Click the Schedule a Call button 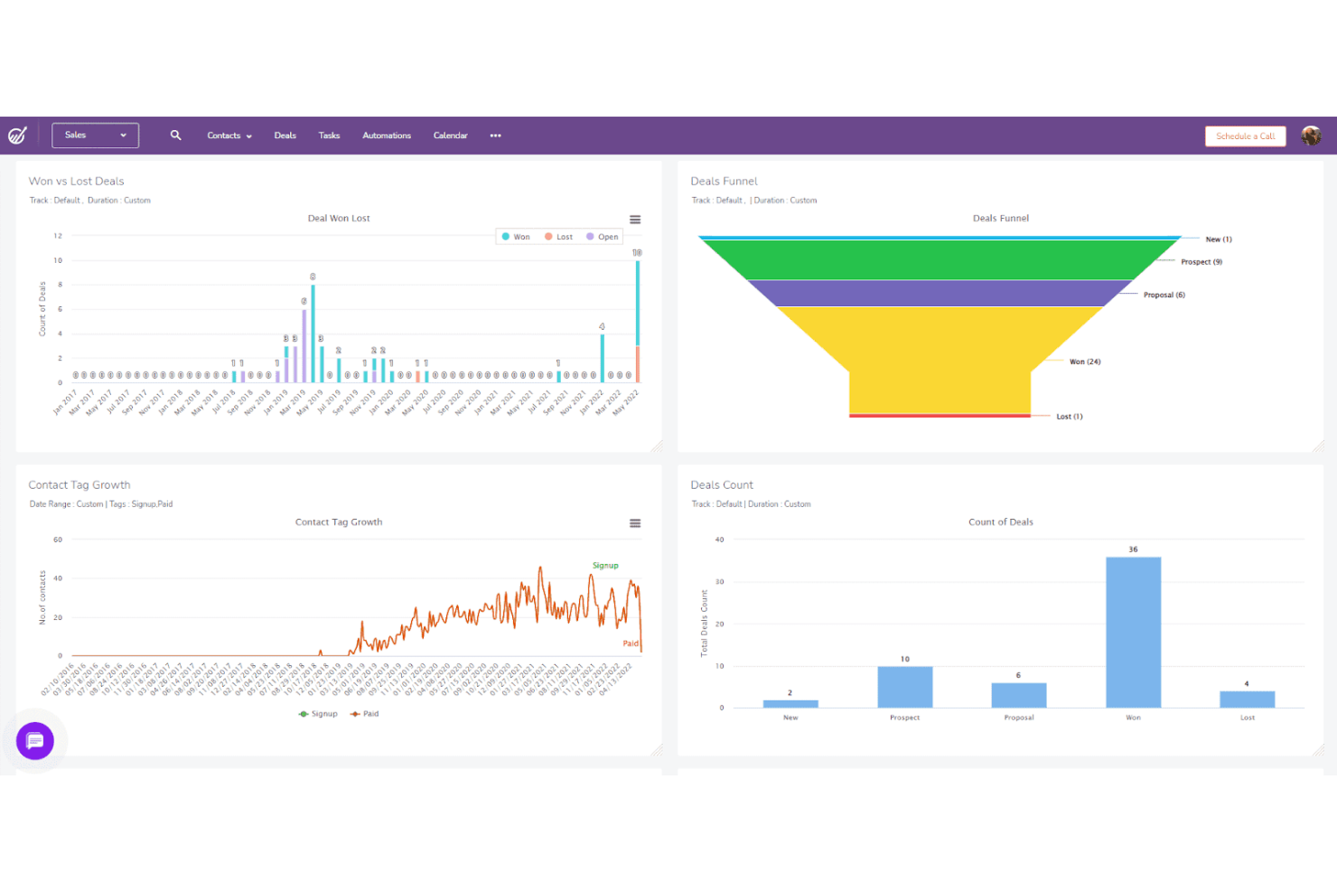click(x=1245, y=136)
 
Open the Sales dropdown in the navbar click(x=95, y=136)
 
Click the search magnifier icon click(x=176, y=136)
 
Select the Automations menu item click(x=387, y=136)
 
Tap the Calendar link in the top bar click(x=450, y=136)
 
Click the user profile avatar click(x=1311, y=136)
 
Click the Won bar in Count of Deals click(x=1133, y=633)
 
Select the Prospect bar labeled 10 click(x=904, y=687)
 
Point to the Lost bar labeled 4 click(x=1247, y=699)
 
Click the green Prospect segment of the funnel click(x=940, y=259)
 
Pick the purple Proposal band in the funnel click(x=940, y=293)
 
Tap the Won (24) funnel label click(x=1085, y=361)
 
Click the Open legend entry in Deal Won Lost click(x=603, y=237)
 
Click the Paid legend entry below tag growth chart click(x=365, y=714)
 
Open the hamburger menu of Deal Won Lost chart click(x=635, y=220)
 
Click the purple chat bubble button click(x=35, y=741)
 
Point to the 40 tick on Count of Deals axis click(x=719, y=540)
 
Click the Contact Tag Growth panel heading click(x=79, y=485)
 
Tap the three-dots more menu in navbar click(x=495, y=136)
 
